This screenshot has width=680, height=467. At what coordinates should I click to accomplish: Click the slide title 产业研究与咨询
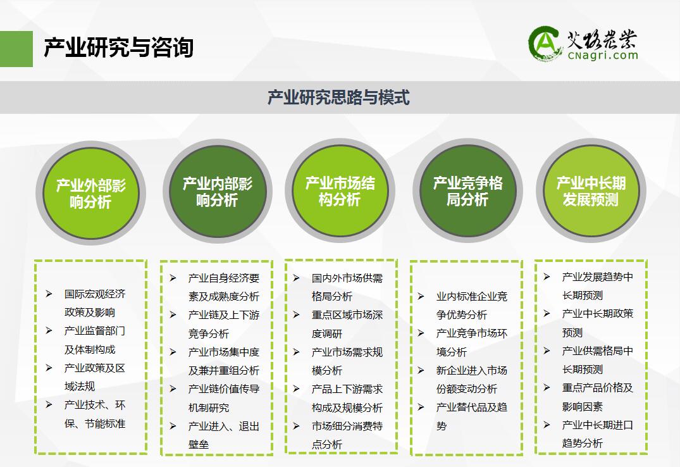(x=118, y=47)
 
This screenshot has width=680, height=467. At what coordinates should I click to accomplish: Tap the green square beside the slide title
(x=16, y=49)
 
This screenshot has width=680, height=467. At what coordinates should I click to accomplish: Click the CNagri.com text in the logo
(x=603, y=55)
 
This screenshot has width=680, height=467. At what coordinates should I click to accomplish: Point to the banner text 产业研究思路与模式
(x=338, y=97)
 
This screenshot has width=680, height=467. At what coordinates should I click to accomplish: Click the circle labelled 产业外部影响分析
(x=90, y=193)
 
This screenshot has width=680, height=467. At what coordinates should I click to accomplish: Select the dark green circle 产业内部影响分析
(x=217, y=191)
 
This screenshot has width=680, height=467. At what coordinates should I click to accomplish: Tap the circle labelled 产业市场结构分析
(x=340, y=191)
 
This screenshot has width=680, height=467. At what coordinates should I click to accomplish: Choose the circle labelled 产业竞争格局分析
(x=467, y=191)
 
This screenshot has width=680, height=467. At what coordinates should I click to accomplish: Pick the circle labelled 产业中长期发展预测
(x=591, y=191)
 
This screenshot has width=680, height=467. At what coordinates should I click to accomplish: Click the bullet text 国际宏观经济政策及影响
(x=95, y=303)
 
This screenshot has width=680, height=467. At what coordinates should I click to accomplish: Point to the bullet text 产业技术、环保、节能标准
(x=95, y=414)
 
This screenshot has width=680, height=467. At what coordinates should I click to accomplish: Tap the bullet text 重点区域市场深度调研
(x=347, y=324)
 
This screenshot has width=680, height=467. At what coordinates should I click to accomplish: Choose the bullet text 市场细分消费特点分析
(x=347, y=435)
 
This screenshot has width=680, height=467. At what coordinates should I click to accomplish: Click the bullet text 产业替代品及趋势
(x=472, y=416)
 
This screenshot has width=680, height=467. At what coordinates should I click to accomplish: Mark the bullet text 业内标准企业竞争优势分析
(x=472, y=306)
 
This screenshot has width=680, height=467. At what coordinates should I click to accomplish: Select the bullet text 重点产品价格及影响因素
(x=598, y=397)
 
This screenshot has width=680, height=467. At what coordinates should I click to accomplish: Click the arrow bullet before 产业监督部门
(x=49, y=331)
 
